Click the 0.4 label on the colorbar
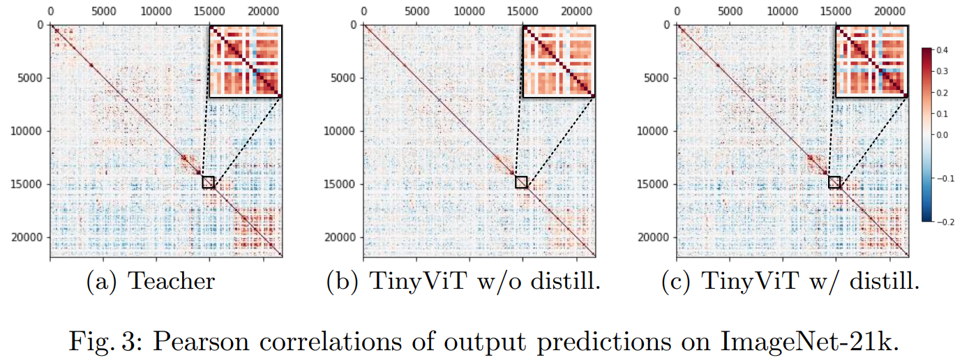coord(942,50)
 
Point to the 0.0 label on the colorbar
coord(942,135)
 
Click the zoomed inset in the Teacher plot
coord(245,61)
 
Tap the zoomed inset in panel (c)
coord(871,61)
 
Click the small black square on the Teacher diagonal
coord(208,182)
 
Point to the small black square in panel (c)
coord(834,182)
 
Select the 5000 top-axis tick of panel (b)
coord(416,12)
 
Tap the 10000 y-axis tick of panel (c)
coord(656,130)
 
